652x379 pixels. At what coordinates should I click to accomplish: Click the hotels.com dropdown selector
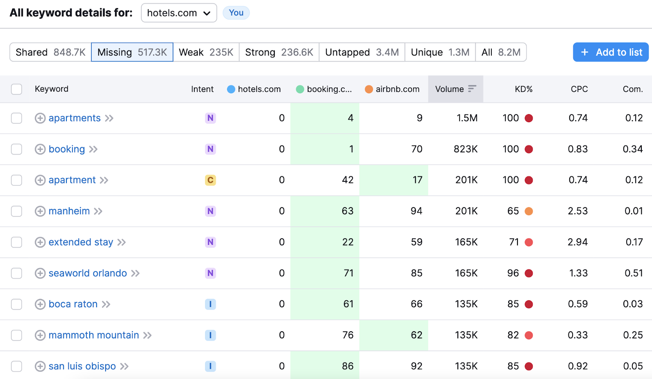(x=179, y=13)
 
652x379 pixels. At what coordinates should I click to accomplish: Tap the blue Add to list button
(x=611, y=52)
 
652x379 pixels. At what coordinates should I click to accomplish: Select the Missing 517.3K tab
(x=132, y=52)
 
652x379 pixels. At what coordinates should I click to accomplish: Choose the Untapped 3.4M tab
(x=362, y=52)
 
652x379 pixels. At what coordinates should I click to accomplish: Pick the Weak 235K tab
(x=206, y=52)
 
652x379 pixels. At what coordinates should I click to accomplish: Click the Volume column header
(x=456, y=89)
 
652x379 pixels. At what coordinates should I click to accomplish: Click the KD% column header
(x=523, y=89)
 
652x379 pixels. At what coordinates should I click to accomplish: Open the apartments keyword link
(x=75, y=118)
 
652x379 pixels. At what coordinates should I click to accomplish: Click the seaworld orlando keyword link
(x=88, y=273)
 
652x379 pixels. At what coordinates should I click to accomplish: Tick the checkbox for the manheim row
(x=17, y=211)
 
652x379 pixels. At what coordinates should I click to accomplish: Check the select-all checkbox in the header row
(x=17, y=89)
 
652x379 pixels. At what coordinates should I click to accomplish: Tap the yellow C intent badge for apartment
(x=210, y=180)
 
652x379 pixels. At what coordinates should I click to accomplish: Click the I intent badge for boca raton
(x=210, y=304)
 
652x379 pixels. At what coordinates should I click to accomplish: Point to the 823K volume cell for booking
(x=465, y=149)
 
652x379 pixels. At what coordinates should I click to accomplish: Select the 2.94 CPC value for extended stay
(x=577, y=242)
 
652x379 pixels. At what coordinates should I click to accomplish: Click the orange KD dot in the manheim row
(x=529, y=211)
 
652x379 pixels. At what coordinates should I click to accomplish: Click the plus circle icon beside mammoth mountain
(x=40, y=335)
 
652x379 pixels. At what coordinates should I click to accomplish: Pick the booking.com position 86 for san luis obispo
(x=348, y=366)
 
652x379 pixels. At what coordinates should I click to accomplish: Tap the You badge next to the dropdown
(x=236, y=13)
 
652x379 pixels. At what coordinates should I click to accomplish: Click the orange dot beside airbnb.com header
(x=369, y=89)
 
